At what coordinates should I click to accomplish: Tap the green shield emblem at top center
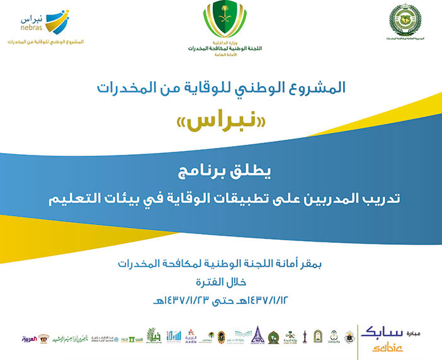pyautogui.click(x=220, y=22)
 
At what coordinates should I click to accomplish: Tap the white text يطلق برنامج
pyautogui.click(x=220, y=171)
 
